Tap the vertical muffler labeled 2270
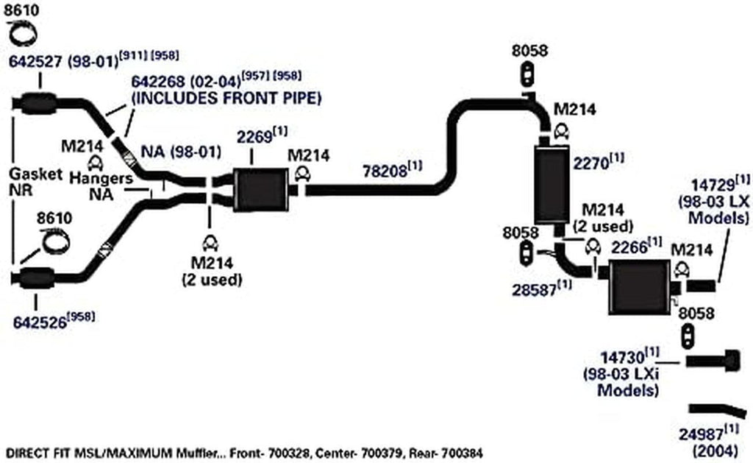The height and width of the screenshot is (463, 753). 552,185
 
